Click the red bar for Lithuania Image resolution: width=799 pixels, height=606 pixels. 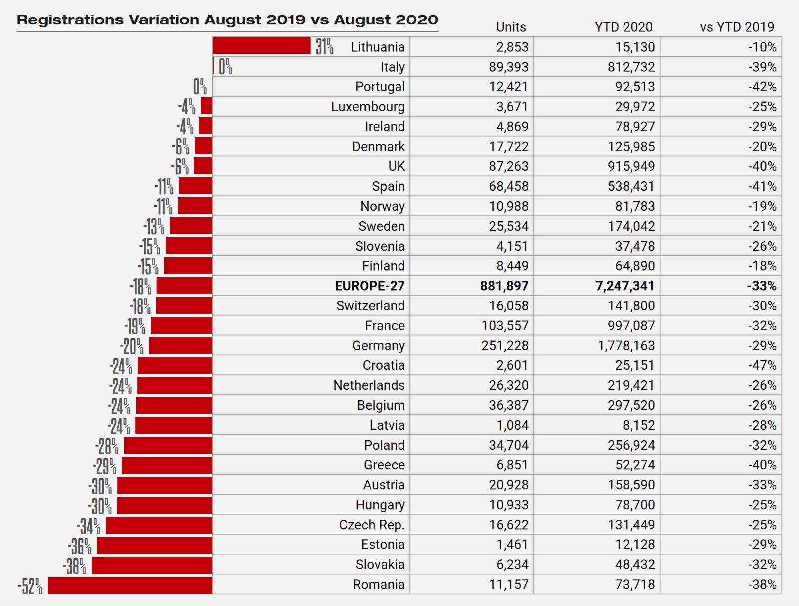[261, 46]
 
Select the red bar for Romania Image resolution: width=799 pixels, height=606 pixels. [130, 585]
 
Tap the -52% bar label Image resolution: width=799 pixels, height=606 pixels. [30, 586]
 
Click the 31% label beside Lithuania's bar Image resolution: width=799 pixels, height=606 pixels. [324, 47]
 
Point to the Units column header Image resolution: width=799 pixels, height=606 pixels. [511, 27]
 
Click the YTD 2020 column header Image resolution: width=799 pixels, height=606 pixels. [623, 27]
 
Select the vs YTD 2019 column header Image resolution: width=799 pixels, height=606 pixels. [737, 27]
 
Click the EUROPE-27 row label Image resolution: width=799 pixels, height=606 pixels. [370, 286]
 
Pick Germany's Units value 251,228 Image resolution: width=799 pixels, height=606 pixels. [505, 345]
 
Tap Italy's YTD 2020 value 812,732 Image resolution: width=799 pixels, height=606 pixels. [631, 67]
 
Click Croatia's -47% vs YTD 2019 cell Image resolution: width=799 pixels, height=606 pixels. [762, 365]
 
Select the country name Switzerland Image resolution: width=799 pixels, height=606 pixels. [370, 305]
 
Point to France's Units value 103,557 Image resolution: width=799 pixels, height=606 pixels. [505, 325]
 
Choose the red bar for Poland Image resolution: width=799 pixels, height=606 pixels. [168, 445]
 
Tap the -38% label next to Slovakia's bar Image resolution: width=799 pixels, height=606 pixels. [75, 566]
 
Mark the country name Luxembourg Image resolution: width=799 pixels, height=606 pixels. [368, 107]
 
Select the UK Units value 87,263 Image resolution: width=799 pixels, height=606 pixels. [508, 166]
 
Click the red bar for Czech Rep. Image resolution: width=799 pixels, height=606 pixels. [159, 525]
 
